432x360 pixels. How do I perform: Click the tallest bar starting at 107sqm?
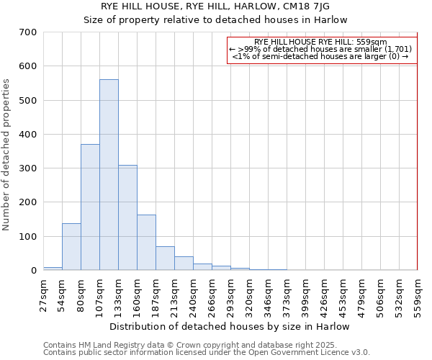pos(109,175)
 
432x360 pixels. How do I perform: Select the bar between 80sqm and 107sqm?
pos(90,207)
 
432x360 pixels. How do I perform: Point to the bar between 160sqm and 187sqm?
pos(146,243)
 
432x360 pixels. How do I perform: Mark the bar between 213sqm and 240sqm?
pos(184,264)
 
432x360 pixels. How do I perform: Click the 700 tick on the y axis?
pos(28,32)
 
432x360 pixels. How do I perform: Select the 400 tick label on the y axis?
pos(28,135)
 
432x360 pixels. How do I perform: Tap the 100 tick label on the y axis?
pos(28,237)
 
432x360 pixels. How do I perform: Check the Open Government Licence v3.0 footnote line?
pos(206,352)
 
